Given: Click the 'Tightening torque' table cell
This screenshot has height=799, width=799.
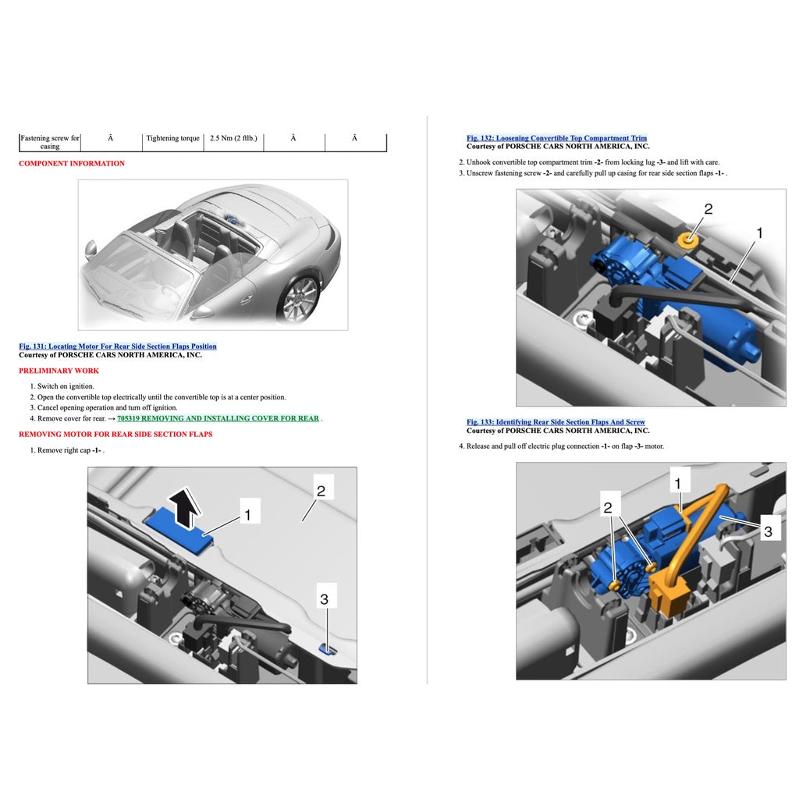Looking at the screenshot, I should [x=173, y=138].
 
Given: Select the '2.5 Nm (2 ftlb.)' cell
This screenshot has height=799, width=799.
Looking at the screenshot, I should [x=233, y=138].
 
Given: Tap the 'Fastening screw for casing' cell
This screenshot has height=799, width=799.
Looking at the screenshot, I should [x=49, y=142].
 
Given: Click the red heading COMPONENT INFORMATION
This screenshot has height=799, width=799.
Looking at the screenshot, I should [x=72, y=163].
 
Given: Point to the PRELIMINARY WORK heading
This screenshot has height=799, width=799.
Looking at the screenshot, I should [x=59, y=371].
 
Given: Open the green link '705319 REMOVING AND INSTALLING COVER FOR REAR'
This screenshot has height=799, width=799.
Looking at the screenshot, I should [x=218, y=418].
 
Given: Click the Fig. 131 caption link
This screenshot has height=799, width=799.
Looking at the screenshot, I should [x=118, y=346].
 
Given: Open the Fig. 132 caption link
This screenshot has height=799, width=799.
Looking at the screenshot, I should [x=556, y=138].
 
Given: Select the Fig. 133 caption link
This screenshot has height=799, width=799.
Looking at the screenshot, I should [x=556, y=422].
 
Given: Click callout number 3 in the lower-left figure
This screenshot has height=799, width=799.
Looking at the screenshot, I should [x=324, y=599].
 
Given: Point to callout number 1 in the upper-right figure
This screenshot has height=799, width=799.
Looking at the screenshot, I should [x=759, y=233].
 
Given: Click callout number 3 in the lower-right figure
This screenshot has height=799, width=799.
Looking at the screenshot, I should [x=768, y=531].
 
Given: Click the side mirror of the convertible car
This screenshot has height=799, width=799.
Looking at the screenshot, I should [x=91, y=248].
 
